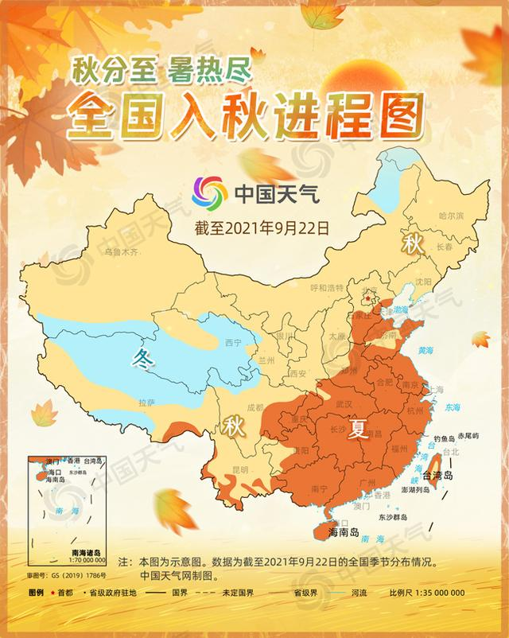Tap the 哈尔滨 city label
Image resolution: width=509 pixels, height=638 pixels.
coord(451,216)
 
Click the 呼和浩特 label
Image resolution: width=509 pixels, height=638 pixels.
coord(327,287)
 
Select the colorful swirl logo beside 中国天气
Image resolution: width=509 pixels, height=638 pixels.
coord(210,191)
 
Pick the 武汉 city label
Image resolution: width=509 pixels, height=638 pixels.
coord(344,404)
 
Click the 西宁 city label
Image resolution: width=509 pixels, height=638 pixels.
coord(233,343)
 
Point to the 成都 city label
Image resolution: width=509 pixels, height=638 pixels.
coord(254,407)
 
